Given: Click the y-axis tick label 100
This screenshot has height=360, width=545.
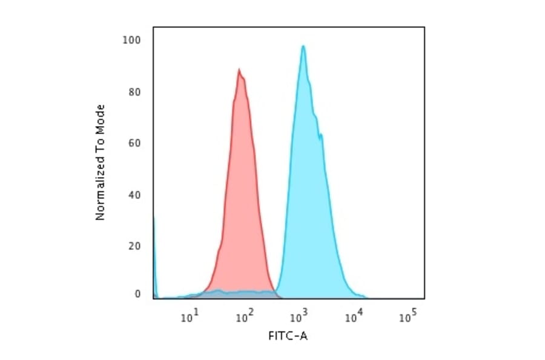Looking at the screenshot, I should click(133, 41).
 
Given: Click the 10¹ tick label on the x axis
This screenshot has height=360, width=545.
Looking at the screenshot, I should click(190, 316).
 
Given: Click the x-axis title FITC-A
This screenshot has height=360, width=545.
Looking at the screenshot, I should click(288, 336).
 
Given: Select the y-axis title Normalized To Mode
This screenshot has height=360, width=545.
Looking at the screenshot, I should click(101, 162).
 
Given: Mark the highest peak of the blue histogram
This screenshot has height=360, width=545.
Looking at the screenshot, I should click(303, 46).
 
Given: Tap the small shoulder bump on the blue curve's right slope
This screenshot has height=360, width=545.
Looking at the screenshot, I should click(321, 135).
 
